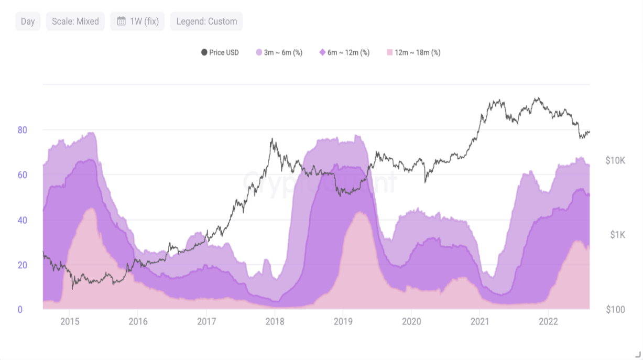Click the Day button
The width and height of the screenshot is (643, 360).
(x=28, y=21)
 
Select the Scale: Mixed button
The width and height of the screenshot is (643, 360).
(x=75, y=21)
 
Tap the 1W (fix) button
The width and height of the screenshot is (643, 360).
(x=138, y=21)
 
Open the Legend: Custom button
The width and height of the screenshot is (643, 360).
(x=206, y=21)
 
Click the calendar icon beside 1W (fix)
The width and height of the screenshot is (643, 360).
(x=121, y=21)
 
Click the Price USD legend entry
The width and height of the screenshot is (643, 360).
(x=220, y=52)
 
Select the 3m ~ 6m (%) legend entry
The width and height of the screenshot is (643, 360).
(x=279, y=52)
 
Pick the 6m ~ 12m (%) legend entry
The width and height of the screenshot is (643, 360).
(x=344, y=52)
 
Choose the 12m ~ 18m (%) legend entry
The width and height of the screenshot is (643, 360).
(x=413, y=52)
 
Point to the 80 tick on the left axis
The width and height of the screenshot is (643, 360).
(x=22, y=130)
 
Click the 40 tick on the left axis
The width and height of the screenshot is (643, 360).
(x=22, y=220)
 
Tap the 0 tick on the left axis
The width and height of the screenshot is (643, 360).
(x=20, y=310)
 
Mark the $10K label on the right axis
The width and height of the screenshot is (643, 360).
(x=615, y=161)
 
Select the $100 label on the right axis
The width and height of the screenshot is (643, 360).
(x=615, y=310)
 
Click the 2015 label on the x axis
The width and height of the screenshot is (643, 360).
(x=70, y=321)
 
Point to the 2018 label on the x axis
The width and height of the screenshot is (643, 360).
(x=275, y=321)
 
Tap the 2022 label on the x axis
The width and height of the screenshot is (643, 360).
(x=548, y=321)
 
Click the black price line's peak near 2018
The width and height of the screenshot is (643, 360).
(x=271, y=139)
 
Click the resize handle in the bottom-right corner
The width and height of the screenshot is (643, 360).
(x=637, y=355)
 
